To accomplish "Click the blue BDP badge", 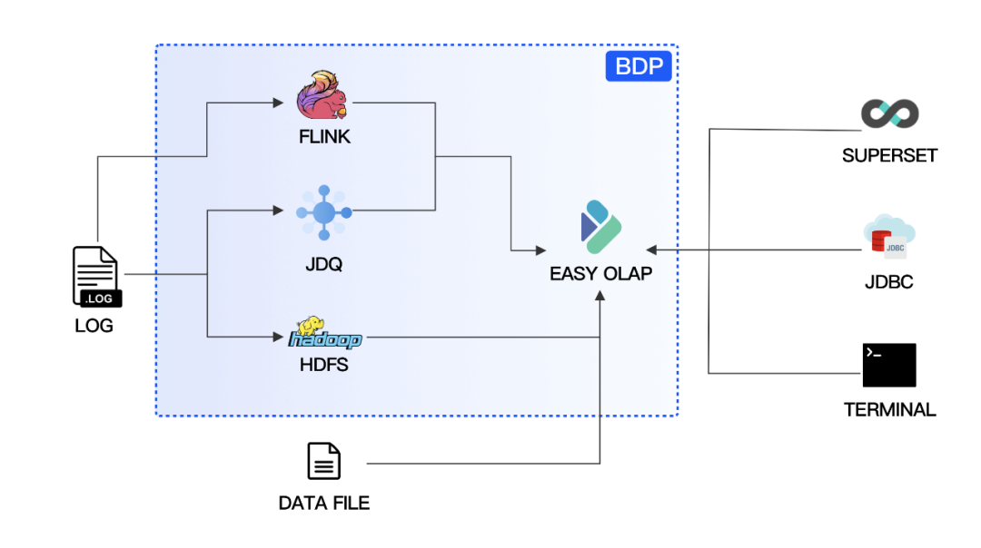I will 639,67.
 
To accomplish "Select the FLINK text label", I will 324,138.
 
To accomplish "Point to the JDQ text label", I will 323,265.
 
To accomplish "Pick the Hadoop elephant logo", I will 324,334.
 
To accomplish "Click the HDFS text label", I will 324,366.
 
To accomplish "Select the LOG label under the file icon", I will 94,325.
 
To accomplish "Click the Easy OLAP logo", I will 600,228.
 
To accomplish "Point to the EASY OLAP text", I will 600,273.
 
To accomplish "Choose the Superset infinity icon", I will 889,114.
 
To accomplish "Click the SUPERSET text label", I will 889,155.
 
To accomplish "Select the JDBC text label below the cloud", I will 888,282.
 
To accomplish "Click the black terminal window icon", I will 889,366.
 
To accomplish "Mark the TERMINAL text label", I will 889,409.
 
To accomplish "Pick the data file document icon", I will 324,461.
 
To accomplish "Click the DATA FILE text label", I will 324,503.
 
